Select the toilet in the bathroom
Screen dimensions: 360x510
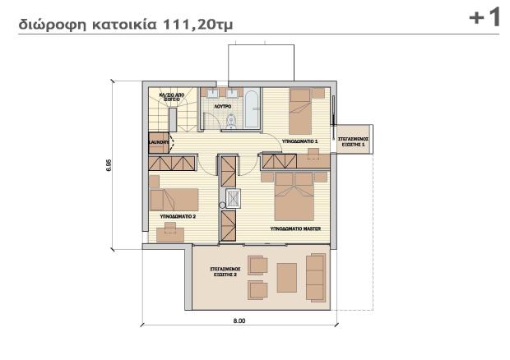pyautogui.click(x=233, y=122)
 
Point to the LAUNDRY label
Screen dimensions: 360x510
pyautogui.click(x=159, y=142)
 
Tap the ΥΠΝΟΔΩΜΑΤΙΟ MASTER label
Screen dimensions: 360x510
pyautogui.click(x=294, y=228)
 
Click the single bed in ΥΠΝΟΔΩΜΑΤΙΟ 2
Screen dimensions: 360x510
pyautogui.click(x=174, y=199)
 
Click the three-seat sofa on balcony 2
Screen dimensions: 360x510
pyautogui.click(x=315, y=274)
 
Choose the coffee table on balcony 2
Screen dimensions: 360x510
pyautogui.click(x=287, y=275)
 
